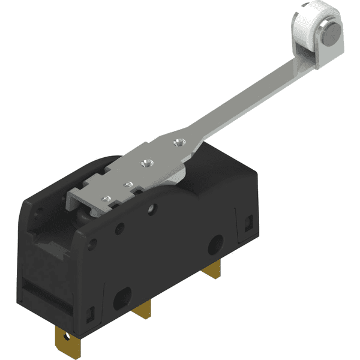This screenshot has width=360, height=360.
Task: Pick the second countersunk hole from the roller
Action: [144, 162]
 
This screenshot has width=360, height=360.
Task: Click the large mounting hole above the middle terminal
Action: [124, 295]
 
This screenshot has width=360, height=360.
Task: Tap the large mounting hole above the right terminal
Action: [214, 247]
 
